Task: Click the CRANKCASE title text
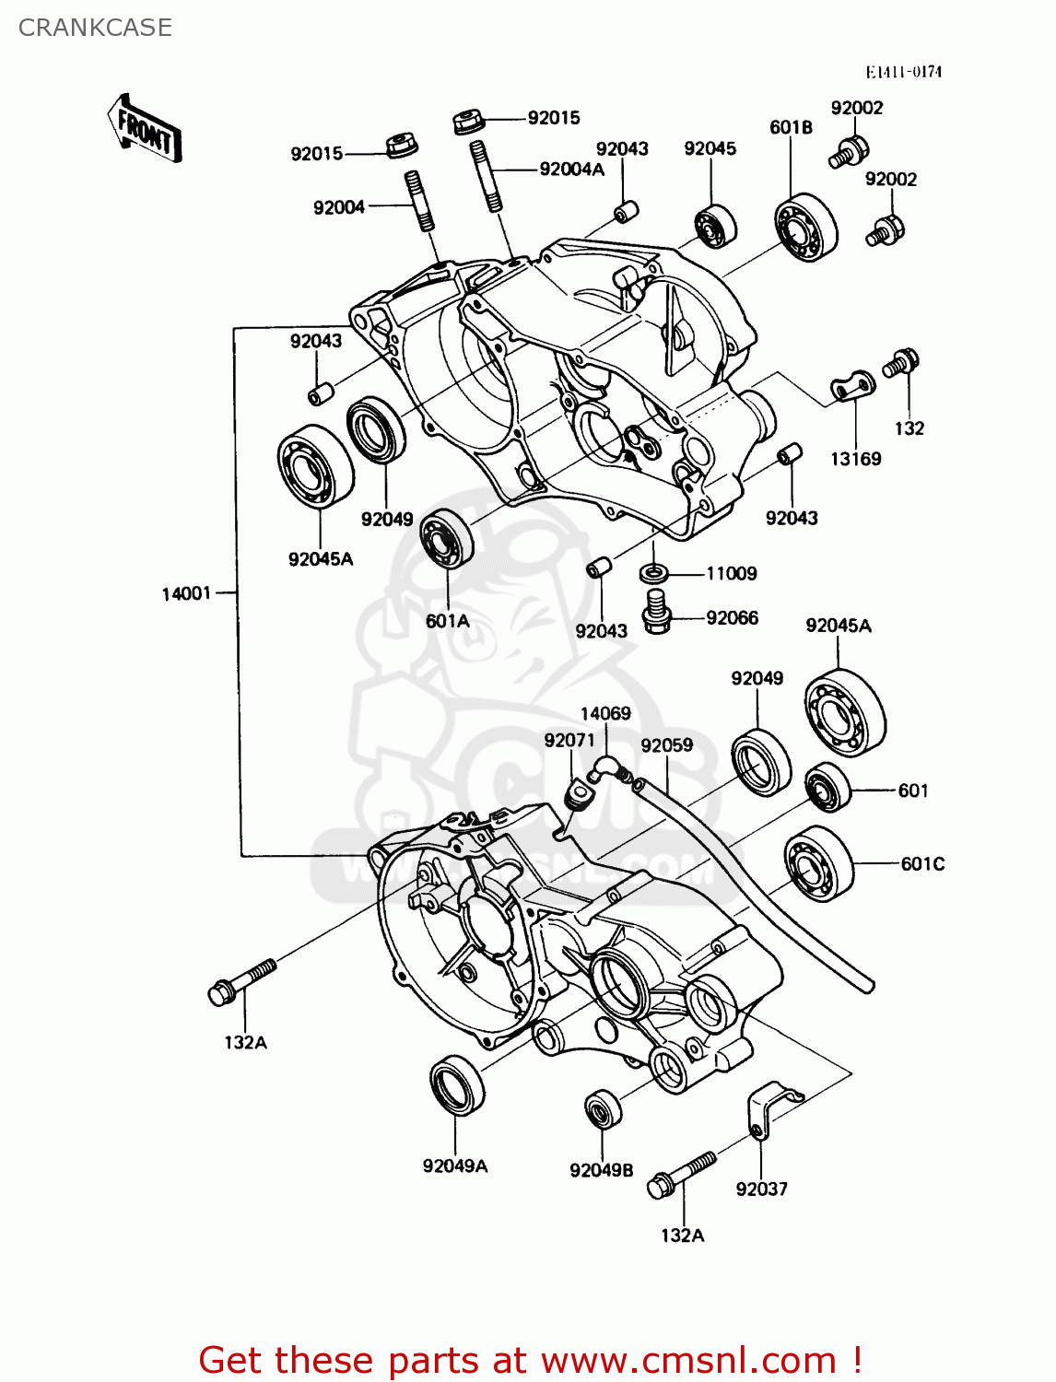95,28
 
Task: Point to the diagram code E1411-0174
903,72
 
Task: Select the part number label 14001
187,594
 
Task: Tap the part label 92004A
571,169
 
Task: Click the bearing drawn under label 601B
805,228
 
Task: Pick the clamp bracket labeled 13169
852,387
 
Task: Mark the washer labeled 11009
653,574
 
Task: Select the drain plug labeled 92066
655,612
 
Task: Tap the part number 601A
447,621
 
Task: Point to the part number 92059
666,745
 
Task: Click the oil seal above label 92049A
456,1083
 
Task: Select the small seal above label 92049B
603,1108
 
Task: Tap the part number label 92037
761,1189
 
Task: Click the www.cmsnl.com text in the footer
688,1360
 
